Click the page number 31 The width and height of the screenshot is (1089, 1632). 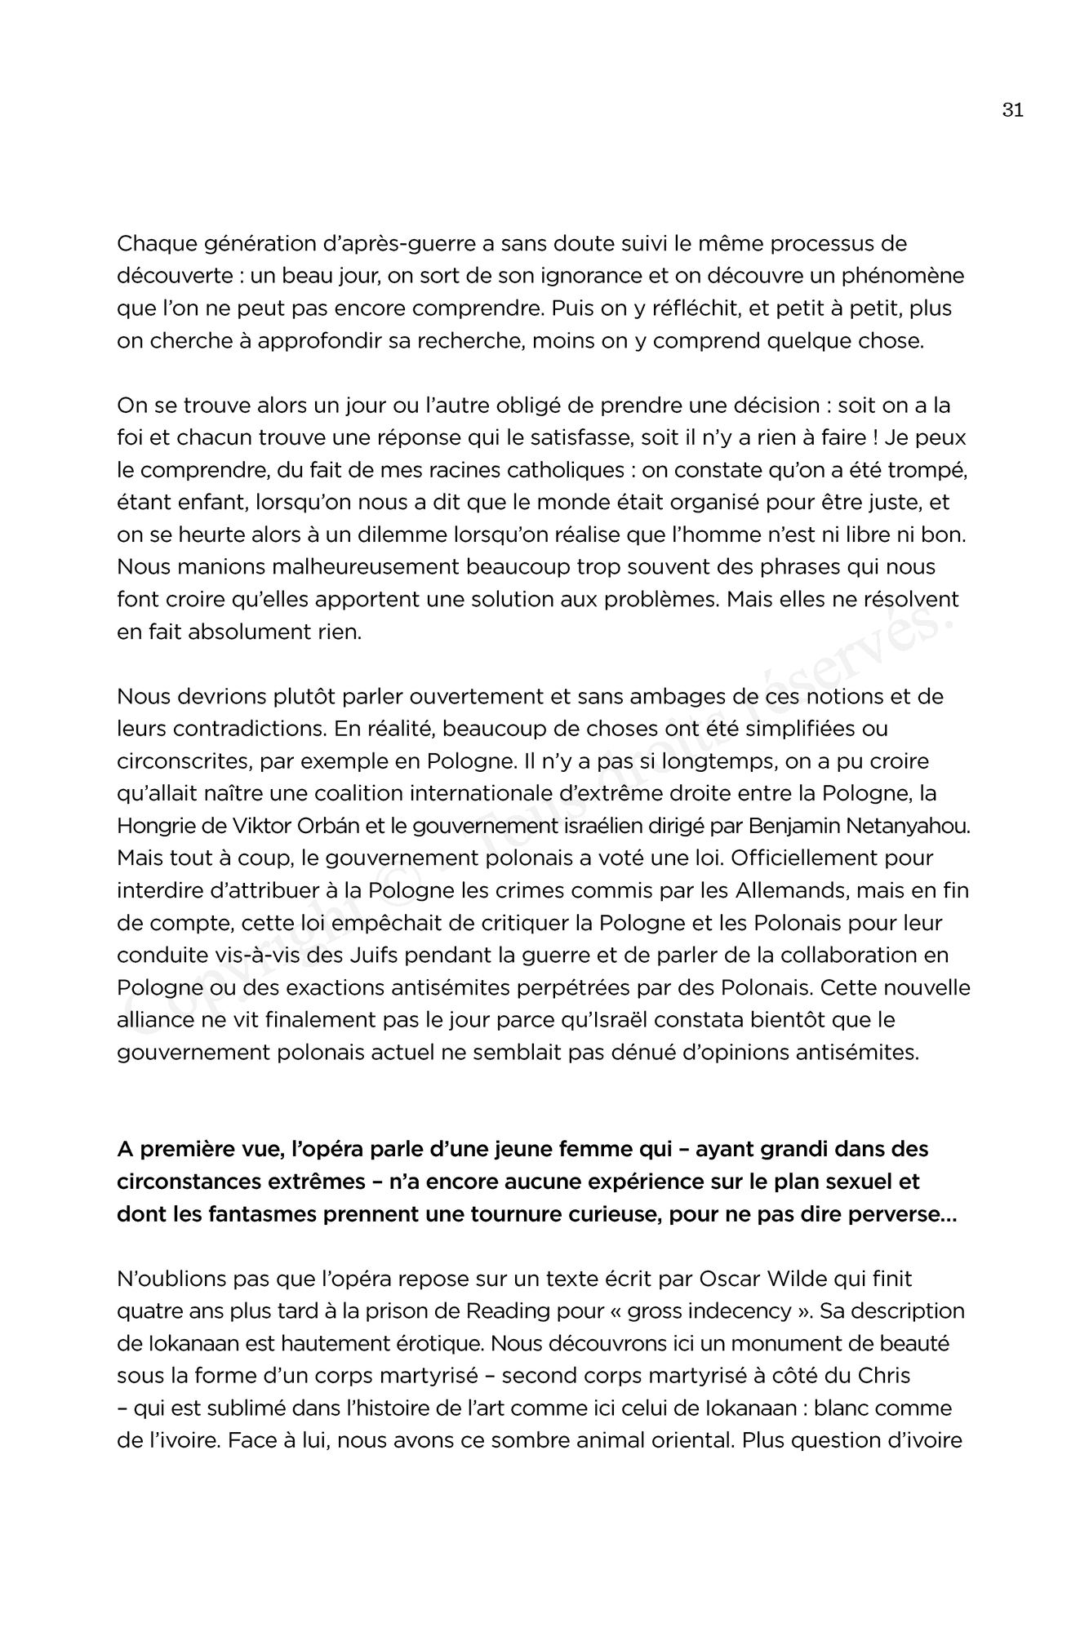1012,110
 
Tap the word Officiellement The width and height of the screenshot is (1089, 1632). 816,858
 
